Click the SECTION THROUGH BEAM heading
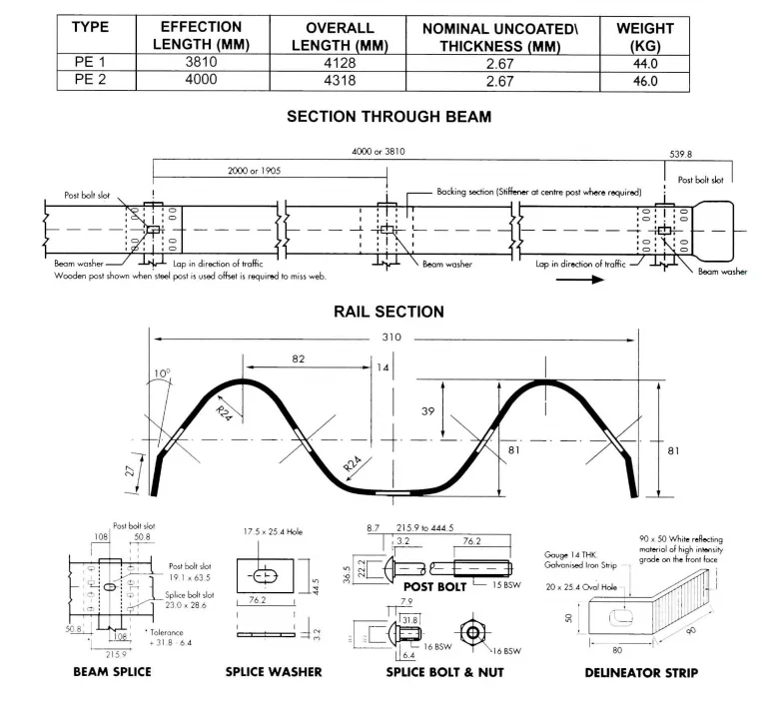[388, 117]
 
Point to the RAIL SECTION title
[388, 312]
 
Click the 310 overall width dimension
[391, 337]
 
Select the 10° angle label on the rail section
[162, 375]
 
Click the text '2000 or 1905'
[251, 171]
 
